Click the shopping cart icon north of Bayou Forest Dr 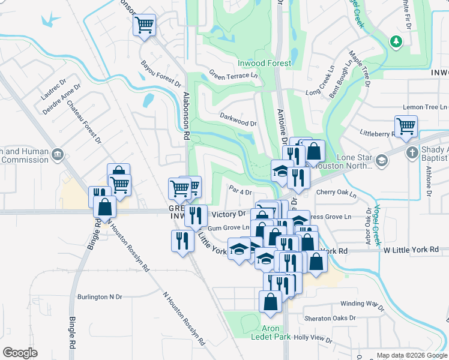[144, 25]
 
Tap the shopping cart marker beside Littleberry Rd [406, 127]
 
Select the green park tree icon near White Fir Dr [396, 41]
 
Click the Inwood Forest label [264, 63]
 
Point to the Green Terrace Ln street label [233, 75]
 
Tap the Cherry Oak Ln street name [336, 194]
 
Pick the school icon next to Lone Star [381, 160]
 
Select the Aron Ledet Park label [276, 332]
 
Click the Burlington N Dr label [100, 296]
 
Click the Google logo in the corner [20, 353]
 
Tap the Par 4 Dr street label [240, 192]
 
